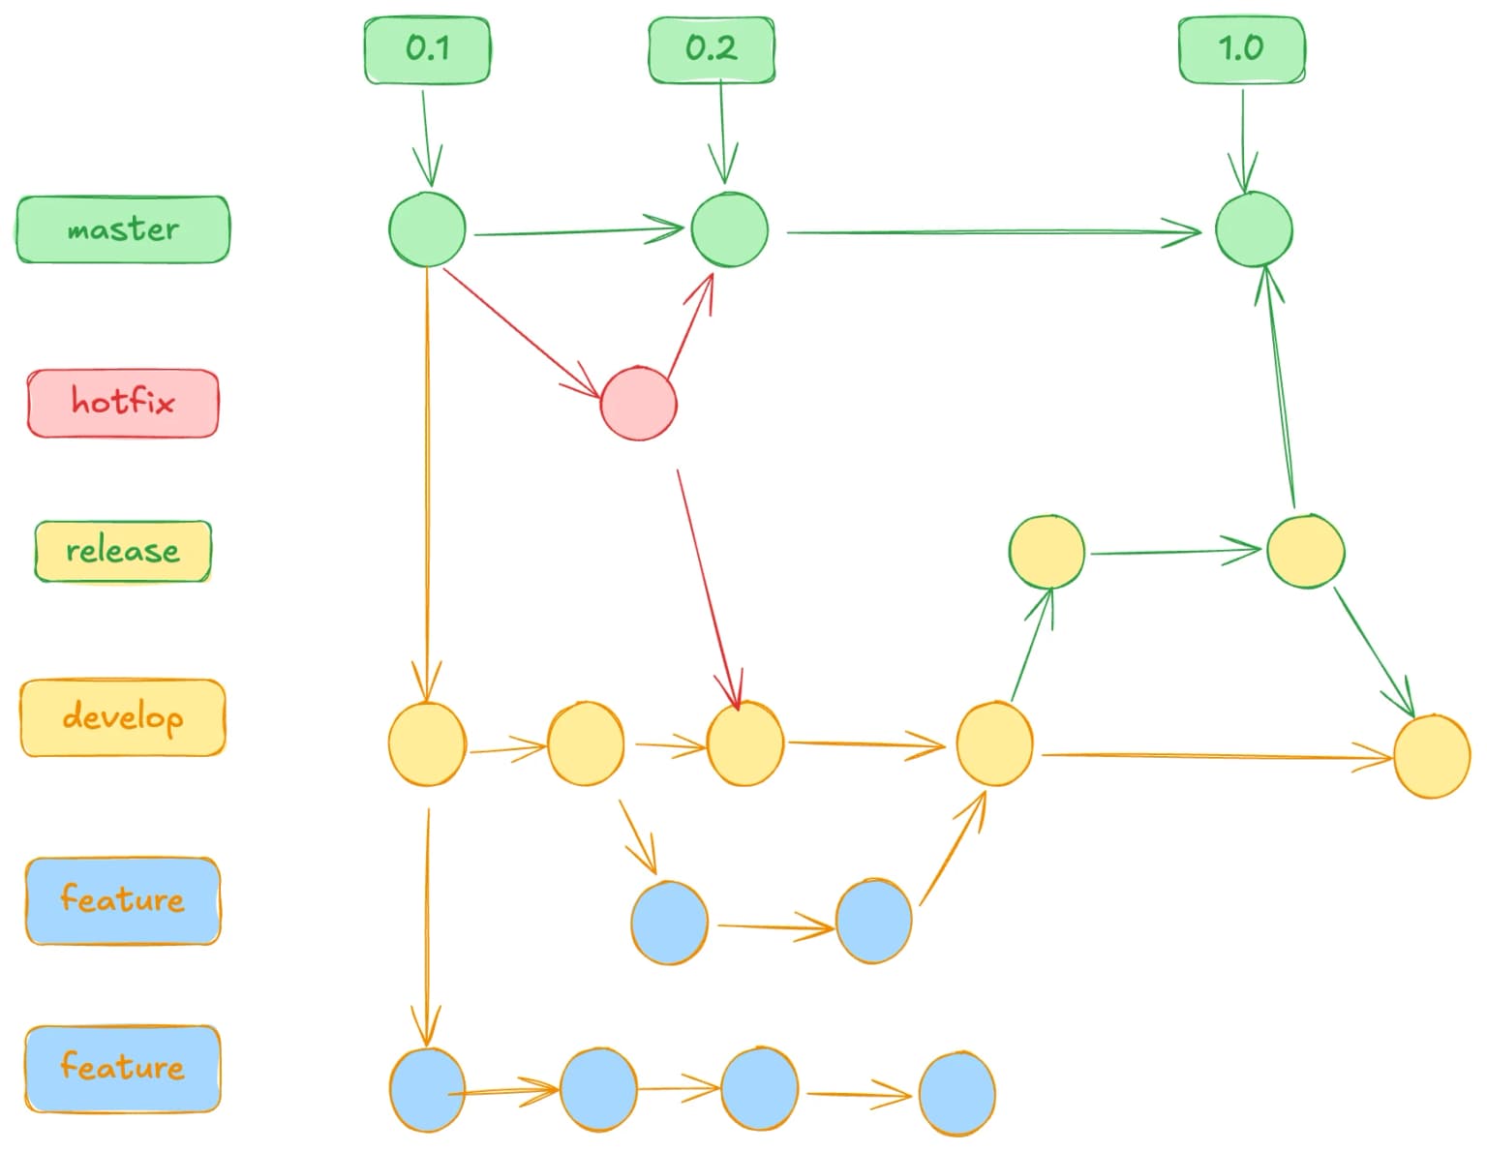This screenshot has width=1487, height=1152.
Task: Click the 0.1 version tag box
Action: point(427,49)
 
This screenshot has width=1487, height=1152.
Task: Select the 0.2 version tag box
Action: point(712,49)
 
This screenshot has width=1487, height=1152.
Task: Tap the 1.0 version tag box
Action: point(1241,49)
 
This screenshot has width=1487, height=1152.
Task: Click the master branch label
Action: point(123,229)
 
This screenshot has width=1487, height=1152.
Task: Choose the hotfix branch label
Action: point(123,403)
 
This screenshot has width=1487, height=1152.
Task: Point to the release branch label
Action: point(123,552)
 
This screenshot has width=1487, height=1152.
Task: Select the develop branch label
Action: point(123,717)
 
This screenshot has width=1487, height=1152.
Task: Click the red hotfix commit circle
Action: point(638,404)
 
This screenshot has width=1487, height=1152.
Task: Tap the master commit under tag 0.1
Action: point(427,229)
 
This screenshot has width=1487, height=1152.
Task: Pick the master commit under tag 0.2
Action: point(729,229)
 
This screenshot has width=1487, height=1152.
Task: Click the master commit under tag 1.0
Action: point(1254,229)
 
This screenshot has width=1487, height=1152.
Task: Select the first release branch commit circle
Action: point(1047,552)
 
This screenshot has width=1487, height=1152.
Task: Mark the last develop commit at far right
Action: point(1432,756)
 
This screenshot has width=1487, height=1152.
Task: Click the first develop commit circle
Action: point(427,743)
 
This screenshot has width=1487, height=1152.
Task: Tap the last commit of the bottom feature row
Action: point(956,1094)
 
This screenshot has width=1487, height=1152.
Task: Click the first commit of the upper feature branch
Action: point(669,923)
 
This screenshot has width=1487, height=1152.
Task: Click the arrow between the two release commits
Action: point(1174,553)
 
